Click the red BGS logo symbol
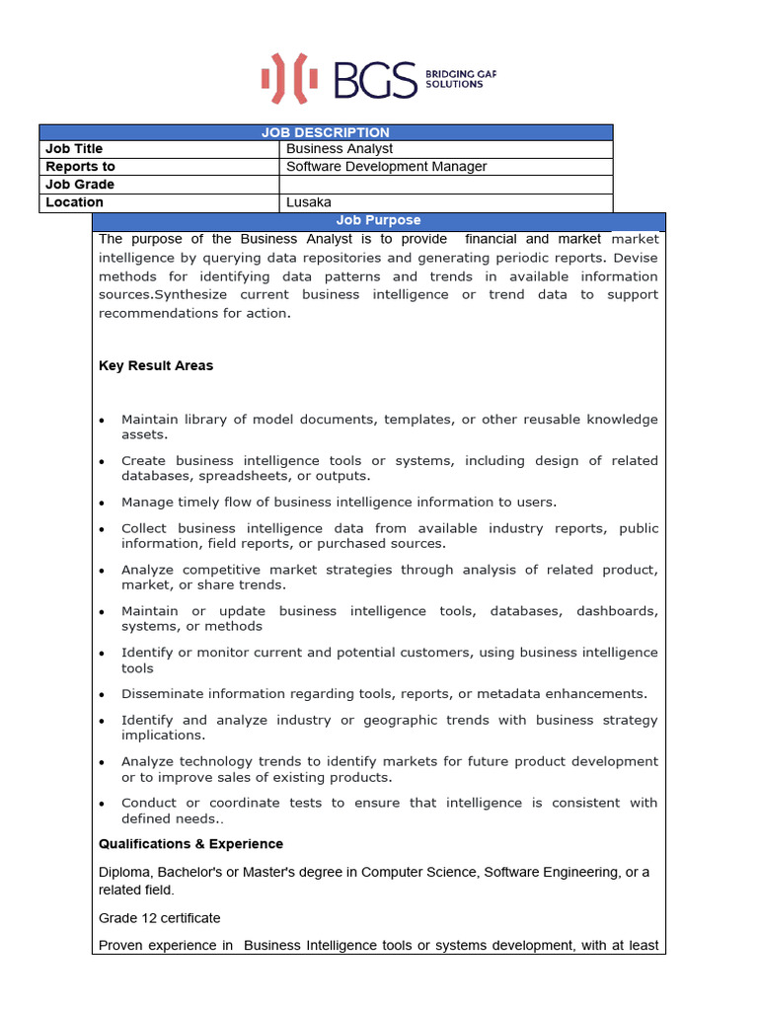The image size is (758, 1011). click(289, 78)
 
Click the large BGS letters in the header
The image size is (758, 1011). click(375, 79)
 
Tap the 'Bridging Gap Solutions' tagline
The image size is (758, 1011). click(453, 79)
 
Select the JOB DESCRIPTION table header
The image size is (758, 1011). click(326, 132)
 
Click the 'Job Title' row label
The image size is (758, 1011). click(74, 149)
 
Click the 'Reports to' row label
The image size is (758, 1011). click(80, 167)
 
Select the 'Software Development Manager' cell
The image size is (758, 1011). click(386, 167)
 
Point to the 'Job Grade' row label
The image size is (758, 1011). click(80, 185)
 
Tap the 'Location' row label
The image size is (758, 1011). click(74, 202)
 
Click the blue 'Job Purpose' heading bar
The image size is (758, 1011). click(378, 221)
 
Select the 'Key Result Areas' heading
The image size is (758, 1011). click(156, 365)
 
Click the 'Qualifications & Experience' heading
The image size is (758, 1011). click(190, 844)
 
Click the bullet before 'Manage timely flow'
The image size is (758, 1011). click(103, 503)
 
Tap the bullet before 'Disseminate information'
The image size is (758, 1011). click(103, 694)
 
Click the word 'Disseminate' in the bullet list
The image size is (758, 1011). click(161, 694)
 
